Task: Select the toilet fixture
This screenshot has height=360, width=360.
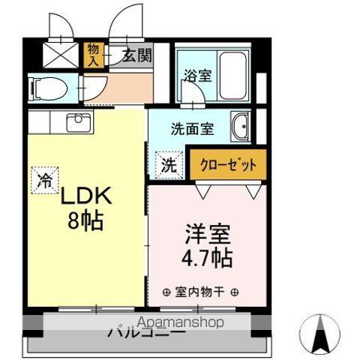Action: point(46,88)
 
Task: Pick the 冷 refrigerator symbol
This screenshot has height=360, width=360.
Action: point(45,179)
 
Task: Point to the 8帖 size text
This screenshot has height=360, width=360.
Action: point(86,221)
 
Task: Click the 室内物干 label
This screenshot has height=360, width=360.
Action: point(200,292)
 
